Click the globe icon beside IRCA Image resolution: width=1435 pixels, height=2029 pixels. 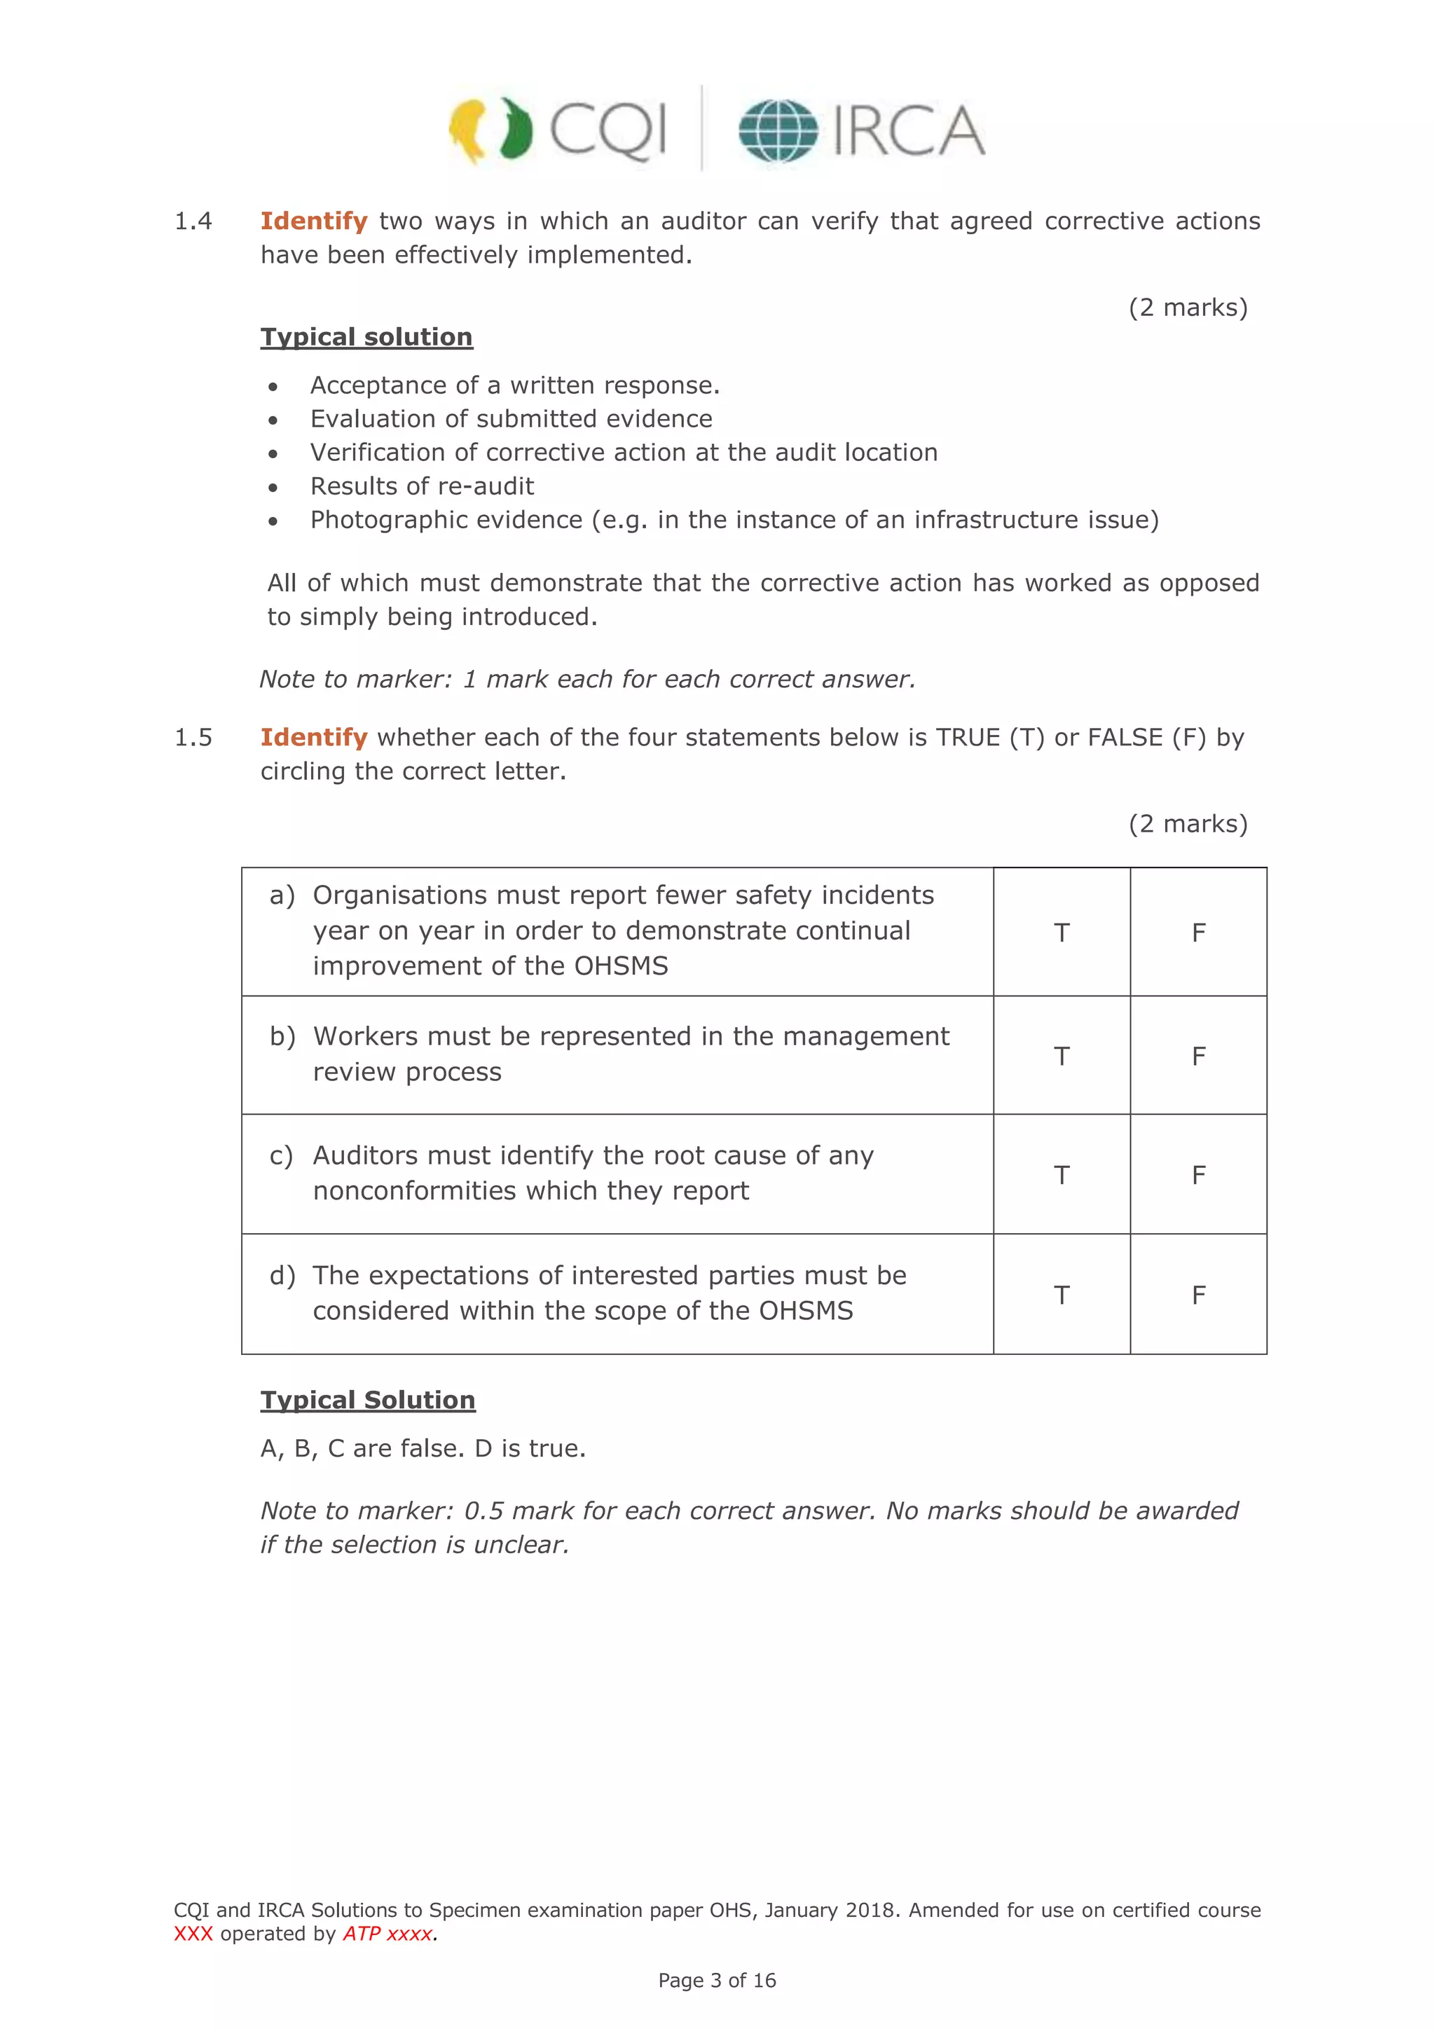pyautogui.click(x=778, y=131)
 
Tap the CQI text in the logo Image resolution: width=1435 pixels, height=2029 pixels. pyautogui.click(x=608, y=131)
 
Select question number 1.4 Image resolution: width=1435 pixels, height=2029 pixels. pyautogui.click(x=193, y=221)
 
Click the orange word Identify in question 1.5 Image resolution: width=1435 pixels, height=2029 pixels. pyautogui.click(x=314, y=737)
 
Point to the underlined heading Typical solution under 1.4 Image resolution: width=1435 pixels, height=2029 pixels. pyautogui.click(x=366, y=337)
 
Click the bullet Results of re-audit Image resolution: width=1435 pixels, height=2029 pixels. pyautogui.click(x=422, y=486)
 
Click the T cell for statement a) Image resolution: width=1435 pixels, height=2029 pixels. pyautogui.click(x=1062, y=933)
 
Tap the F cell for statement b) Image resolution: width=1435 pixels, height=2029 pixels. pyautogui.click(x=1198, y=1056)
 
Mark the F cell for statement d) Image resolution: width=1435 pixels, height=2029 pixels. pyautogui.click(x=1198, y=1295)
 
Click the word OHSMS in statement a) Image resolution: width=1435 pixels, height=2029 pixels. pyautogui.click(x=622, y=966)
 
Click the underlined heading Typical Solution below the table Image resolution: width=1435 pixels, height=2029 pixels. pyautogui.click(x=368, y=1400)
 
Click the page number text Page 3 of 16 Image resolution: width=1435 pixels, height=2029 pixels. pyautogui.click(x=717, y=1981)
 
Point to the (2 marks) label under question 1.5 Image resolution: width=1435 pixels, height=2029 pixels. pyautogui.click(x=1188, y=824)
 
